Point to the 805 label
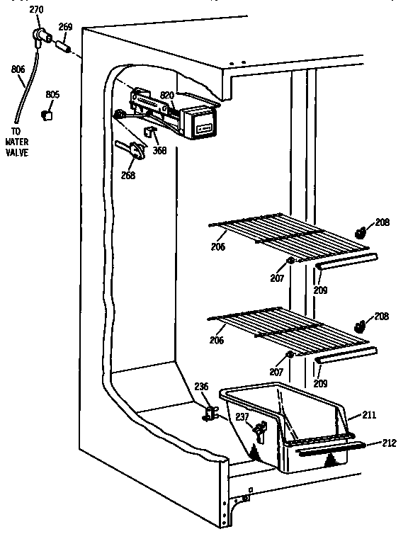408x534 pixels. (52, 94)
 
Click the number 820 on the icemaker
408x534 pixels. (167, 94)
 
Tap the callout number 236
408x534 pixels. (202, 386)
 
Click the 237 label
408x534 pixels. (242, 417)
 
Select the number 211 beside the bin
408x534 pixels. (370, 414)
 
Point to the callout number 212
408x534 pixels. (388, 445)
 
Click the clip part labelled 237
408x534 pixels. (259, 431)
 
